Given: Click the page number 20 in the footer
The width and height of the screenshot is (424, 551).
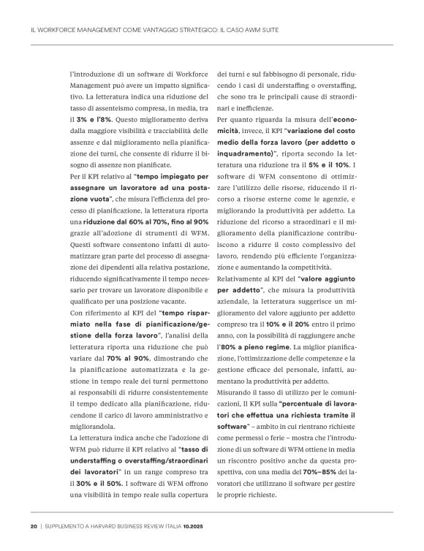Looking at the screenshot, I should tap(34, 526).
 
